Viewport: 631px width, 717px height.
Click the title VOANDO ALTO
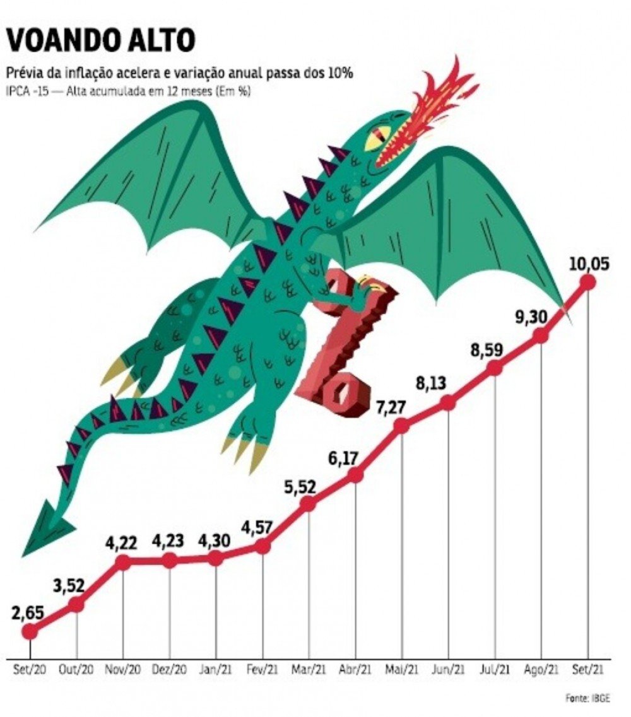pyautogui.click(x=100, y=41)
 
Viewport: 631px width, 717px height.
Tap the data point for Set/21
pyautogui.click(x=587, y=282)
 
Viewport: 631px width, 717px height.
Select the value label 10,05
pyautogui.click(x=588, y=264)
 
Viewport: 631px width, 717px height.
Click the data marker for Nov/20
pyautogui.click(x=123, y=562)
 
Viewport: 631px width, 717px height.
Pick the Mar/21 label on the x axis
pyautogui.click(x=309, y=668)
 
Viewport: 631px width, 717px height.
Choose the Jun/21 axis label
pyautogui.click(x=449, y=668)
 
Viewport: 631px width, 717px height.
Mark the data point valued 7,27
pyautogui.click(x=401, y=426)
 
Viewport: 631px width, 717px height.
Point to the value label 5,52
pyautogui.click(x=309, y=487)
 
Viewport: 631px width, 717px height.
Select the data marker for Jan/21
pyautogui.click(x=216, y=558)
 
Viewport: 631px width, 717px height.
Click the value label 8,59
pyautogui.click(x=486, y=350)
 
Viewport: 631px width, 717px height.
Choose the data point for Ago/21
pyautogui.click(x=541, y=336)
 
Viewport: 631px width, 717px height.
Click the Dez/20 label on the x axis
pyautogui.click(x=170, y=668)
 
